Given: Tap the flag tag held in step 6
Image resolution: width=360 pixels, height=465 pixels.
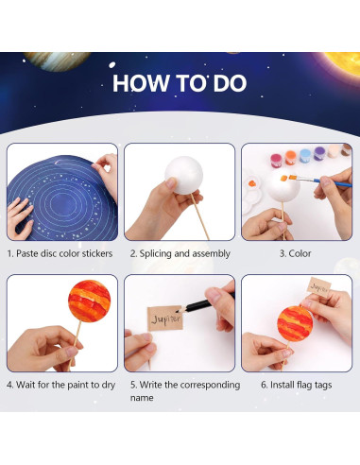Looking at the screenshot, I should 319,286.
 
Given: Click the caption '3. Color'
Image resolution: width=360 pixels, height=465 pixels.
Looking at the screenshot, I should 296,253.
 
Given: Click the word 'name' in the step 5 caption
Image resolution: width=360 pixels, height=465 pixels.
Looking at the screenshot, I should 141,398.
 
